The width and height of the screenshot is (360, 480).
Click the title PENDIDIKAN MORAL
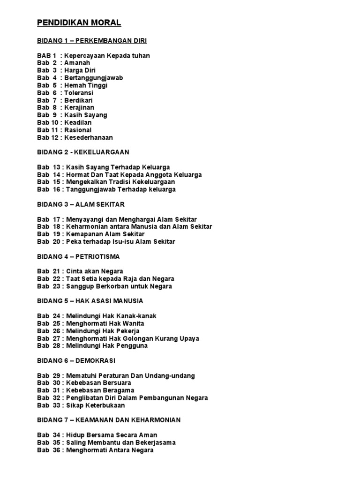(79, 22)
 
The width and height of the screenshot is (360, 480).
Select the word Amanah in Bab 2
(77, 63)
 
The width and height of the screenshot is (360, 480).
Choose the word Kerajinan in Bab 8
(80, 108)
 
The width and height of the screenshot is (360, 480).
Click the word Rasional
(78, 130)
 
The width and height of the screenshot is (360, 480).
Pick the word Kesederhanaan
(89, 138)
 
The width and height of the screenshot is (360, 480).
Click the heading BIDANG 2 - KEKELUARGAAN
(83, 152)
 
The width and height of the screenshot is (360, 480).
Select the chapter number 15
(56, 182)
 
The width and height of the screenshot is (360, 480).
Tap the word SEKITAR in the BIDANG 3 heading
(111, 204)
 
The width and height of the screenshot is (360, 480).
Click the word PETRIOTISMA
(98, 256)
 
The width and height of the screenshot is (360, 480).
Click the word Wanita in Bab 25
(133, 323)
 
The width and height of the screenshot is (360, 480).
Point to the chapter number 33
(56, 405)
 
